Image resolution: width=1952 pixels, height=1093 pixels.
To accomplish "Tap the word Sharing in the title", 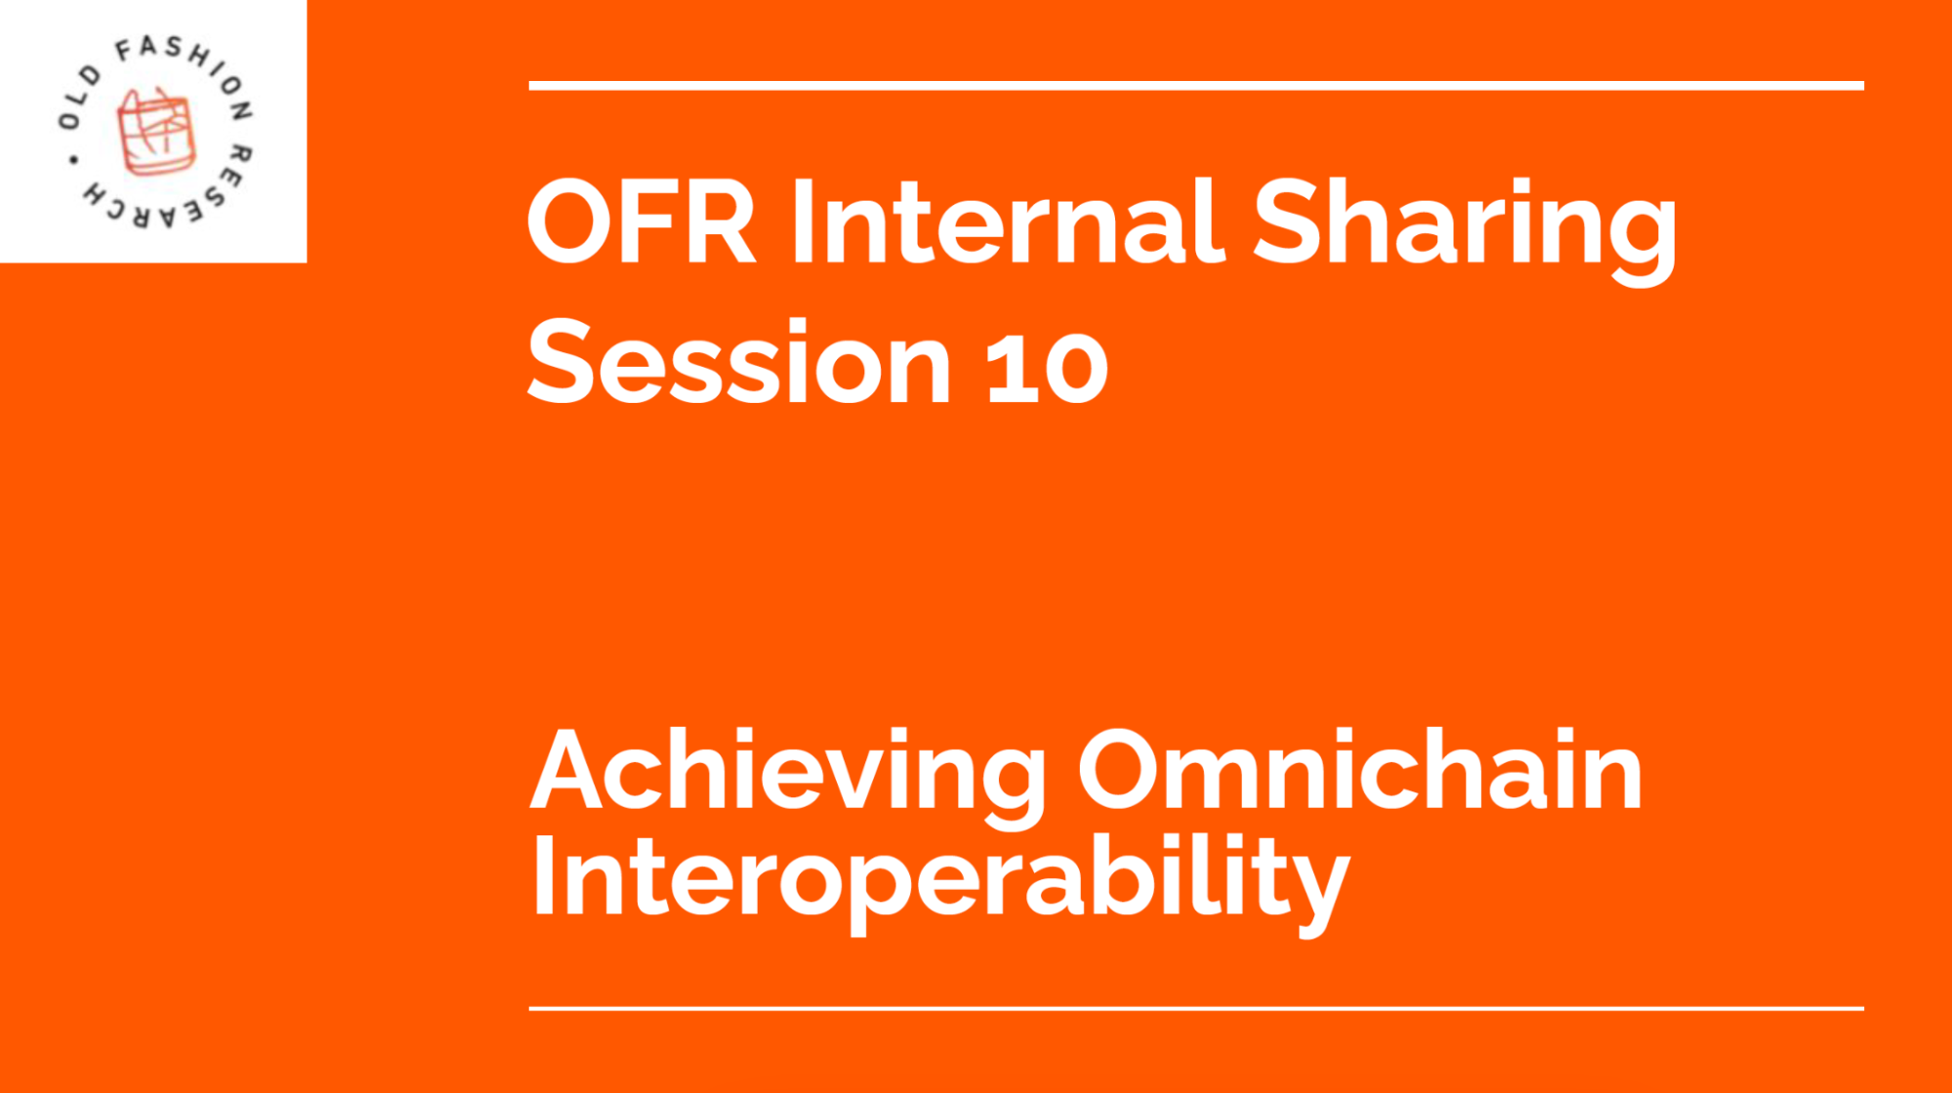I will click(1464, 226).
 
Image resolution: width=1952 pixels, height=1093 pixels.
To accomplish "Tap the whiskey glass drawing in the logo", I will click(155, 132).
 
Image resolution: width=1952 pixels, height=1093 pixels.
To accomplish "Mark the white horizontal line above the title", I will click(1195, 86).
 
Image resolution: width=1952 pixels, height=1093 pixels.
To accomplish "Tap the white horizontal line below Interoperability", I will click(1195, 1008).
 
